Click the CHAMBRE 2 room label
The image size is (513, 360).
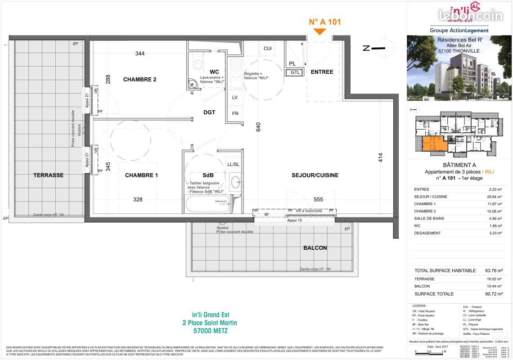[139, 80]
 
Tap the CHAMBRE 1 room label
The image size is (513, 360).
[141, 175]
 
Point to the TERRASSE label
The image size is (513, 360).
[48, 175]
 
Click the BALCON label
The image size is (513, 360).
[315, 248]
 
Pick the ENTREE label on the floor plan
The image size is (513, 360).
[322, 72]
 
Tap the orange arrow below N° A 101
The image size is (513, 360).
[319, 31]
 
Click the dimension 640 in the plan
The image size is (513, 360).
[258, 127]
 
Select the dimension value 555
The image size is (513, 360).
[318, 199]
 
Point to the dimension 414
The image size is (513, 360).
[381, 158]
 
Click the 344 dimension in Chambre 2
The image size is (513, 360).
[140, 54]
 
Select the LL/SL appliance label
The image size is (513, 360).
[233, 165]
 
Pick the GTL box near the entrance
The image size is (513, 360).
[295, 72]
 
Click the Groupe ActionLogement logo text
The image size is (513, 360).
[459, 30]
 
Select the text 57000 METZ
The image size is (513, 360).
[210, 331]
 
